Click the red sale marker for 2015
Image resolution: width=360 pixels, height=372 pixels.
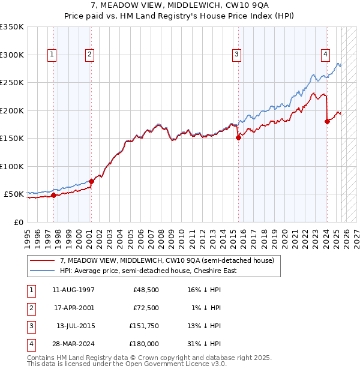(x=238, y=137)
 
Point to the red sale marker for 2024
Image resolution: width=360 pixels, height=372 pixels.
(x=327, y=122)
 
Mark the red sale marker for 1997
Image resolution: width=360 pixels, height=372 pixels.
(x=53, y=195)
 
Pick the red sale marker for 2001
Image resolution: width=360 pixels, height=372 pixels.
(x=91, y=181)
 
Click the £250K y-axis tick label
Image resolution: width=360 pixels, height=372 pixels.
(x=11, y=83)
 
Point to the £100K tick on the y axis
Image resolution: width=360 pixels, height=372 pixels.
(x=11, y=167)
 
